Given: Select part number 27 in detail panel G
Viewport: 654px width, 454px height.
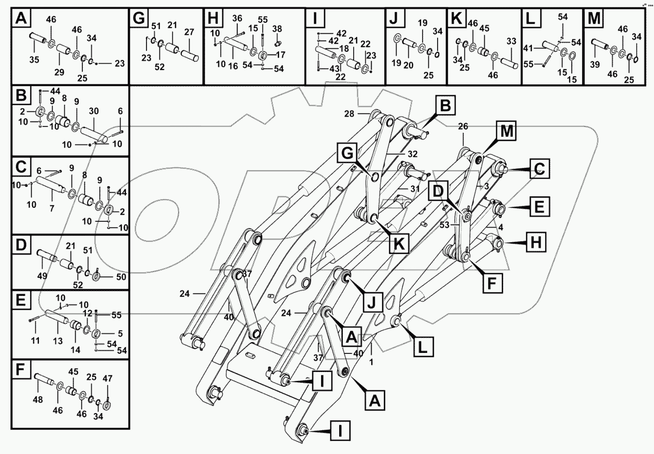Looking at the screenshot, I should point(189,32).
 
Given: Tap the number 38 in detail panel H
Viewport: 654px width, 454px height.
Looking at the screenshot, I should point(277,29).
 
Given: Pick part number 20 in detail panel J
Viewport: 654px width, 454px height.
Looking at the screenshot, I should point(409,66).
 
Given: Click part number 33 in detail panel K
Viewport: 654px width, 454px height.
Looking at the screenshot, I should point(511,42).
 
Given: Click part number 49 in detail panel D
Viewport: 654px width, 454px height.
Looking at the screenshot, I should point(42,276).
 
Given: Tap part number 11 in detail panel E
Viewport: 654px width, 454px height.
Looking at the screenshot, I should point(35,340).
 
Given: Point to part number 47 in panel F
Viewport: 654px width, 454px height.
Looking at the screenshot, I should point(107,378).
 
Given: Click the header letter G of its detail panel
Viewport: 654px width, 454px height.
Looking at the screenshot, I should point(139,19).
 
